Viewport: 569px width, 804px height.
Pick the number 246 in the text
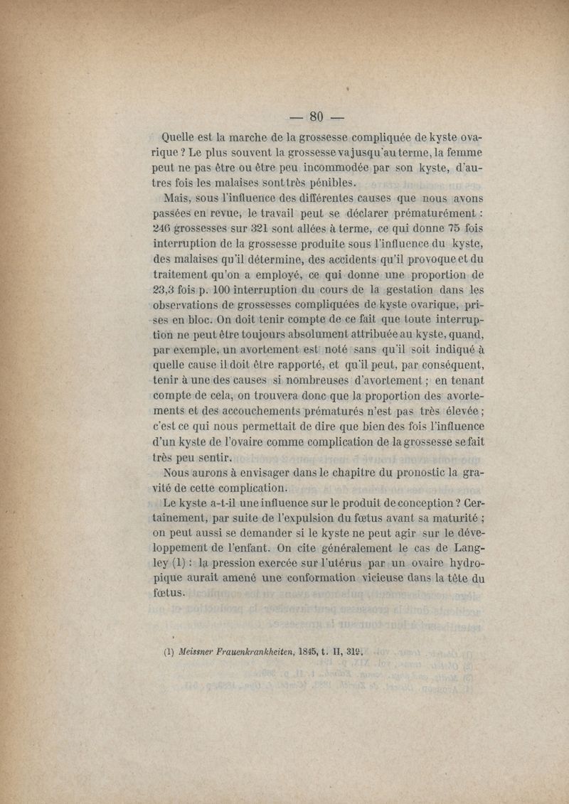click(x=166, y=229)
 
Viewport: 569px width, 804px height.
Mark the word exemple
click(x=201, y=350)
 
